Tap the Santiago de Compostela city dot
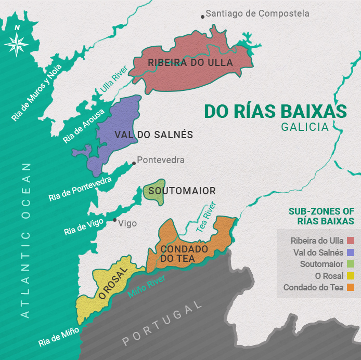point(202,17)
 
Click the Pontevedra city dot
point(134,163)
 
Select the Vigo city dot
point(115,220)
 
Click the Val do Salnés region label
point(153,135)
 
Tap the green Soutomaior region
point(153,191)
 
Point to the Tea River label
point(205,217)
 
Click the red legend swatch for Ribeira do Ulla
point(350,241)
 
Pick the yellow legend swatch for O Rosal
point(350,276)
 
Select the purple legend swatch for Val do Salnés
point(350,252)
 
